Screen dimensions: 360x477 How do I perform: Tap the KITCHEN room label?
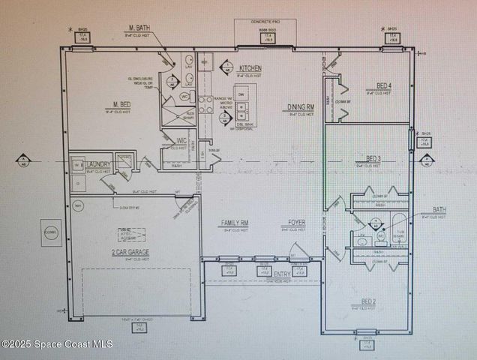coord(250,67)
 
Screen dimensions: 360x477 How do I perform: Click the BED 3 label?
coord(373,157)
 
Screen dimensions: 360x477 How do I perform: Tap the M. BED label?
coord(123,104)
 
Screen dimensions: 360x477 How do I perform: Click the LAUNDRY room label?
coord(99,164)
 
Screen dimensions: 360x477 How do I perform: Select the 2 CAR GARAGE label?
coord(129,253)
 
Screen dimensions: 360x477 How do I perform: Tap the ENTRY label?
coord(282,274)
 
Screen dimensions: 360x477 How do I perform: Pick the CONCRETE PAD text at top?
coord(265,22)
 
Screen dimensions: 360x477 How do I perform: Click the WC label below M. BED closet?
coord(181,140)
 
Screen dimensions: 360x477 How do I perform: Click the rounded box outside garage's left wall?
coord(51,232)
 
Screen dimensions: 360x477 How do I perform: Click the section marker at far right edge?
coord(427,160)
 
